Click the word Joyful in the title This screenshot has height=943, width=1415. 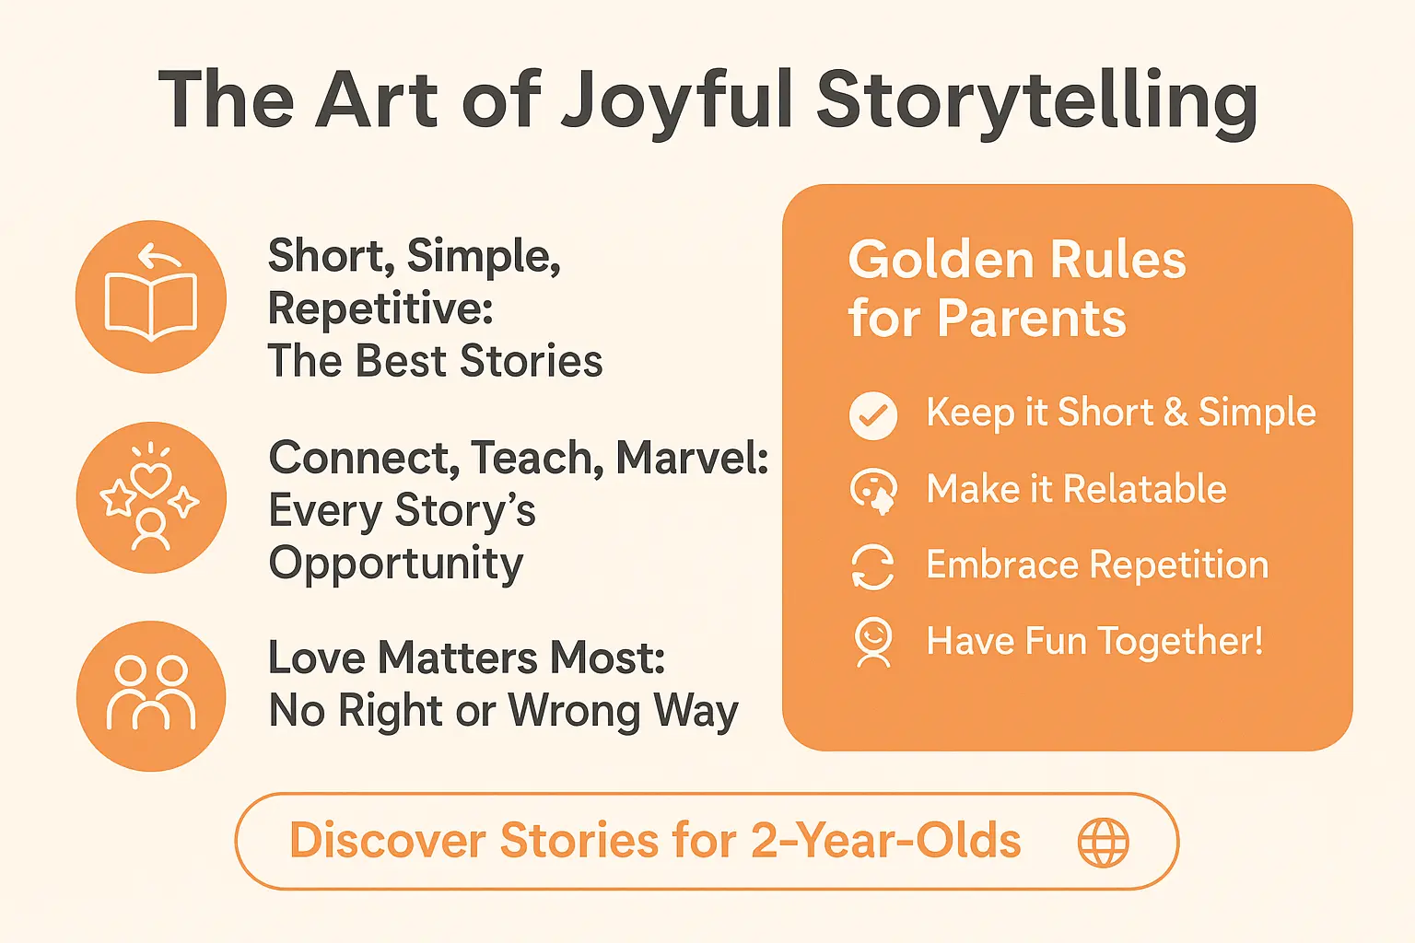tap(677, 101)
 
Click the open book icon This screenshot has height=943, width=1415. tap(151, 297)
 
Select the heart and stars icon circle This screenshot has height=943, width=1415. tap(151, 497)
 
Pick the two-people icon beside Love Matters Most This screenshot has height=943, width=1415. tap(151, 695)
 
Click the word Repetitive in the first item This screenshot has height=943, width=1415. tap(380, 309)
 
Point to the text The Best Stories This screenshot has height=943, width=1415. tap(435, 361)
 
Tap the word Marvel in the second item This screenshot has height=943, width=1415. tap(691, 458)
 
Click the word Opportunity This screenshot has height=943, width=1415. tap(396, 564)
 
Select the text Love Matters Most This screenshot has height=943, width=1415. tap(466, 658)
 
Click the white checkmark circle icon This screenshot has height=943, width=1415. tap(872, 415)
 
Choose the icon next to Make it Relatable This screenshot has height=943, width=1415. tap(872, 491)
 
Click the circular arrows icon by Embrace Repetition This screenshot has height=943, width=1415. tap(872, 566)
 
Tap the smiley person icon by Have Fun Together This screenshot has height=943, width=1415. tap(872, 642)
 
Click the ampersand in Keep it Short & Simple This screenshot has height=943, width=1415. tap(1175, 413)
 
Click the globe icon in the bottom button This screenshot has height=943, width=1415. tap(1103, 842)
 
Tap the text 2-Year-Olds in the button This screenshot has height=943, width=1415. tap(886, 841)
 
